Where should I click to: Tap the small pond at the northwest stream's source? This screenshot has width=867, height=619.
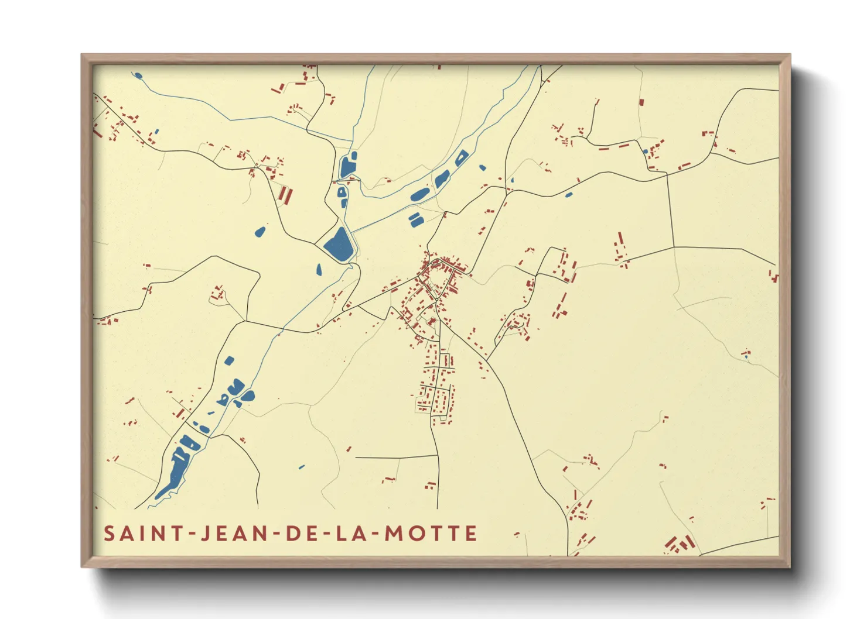tap(138, 75)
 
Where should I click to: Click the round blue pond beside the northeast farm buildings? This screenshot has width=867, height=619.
tap(646, 152)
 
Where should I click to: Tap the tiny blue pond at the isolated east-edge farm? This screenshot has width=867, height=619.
tap(746, 355)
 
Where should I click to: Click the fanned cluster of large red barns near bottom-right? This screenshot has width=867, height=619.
tap(680, 544)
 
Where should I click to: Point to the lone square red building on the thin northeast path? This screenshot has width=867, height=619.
tap(641, 102)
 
